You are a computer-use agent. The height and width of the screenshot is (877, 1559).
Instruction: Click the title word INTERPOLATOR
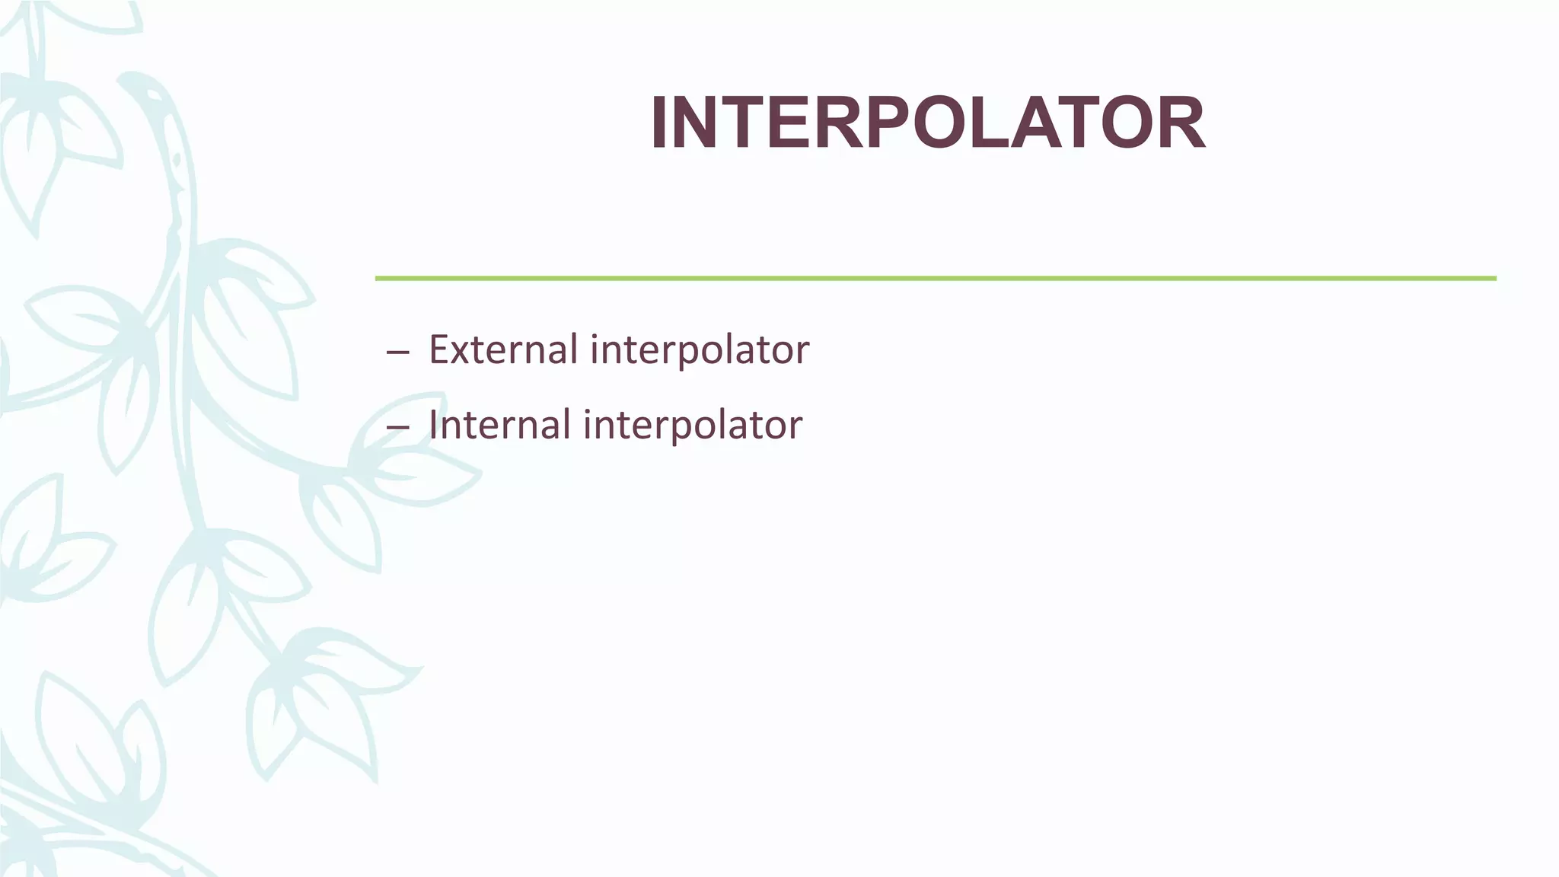pyautogui.click(x=927, y=123)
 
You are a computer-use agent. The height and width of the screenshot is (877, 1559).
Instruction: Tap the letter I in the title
pyautogui.click(x=660, y=123)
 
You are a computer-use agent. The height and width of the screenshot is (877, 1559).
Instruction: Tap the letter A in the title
pyautogui.click(x=1044, y=123)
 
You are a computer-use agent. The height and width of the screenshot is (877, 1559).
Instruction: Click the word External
pyautogui.click(x=503, y=350)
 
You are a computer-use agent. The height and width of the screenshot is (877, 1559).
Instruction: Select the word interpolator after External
pyautogui.click(x=700, y=352)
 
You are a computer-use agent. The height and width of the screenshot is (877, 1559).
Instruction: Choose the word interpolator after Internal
pyautogui.click(x=693, y=426)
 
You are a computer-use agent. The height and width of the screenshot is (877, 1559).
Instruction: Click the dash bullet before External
pyautogui.click(x=397, y=353)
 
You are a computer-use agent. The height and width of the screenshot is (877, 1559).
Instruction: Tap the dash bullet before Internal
pyautogui.click(x=397, y=428)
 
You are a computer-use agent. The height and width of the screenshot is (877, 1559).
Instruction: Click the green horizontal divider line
pyautogui.click(x=935, y=279)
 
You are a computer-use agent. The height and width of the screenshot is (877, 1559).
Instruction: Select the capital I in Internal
pyautogui.click(x=433, y=425)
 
